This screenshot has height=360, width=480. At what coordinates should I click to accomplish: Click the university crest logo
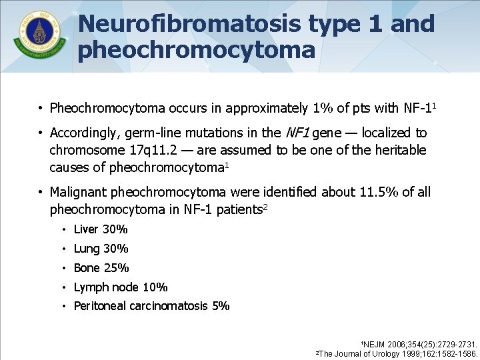tap(39, 35)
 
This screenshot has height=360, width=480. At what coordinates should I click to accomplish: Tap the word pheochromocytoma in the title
tap(197, 49)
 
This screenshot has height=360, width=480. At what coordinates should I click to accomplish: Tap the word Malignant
tap(79, 192)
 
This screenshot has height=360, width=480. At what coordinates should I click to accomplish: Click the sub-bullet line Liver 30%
tap(101, 229)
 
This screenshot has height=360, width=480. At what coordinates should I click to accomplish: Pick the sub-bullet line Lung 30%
tap(101, 249)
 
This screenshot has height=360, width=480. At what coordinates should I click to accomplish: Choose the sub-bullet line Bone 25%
tap(101, 268)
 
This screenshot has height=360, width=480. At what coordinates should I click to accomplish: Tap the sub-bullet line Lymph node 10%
tap(121, 287)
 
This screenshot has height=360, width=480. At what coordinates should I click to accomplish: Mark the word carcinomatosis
tap(171, 306)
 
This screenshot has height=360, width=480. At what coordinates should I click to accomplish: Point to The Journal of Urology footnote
tap(398, 353)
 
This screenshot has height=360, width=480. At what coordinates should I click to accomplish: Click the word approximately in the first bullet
tap(264, 108)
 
